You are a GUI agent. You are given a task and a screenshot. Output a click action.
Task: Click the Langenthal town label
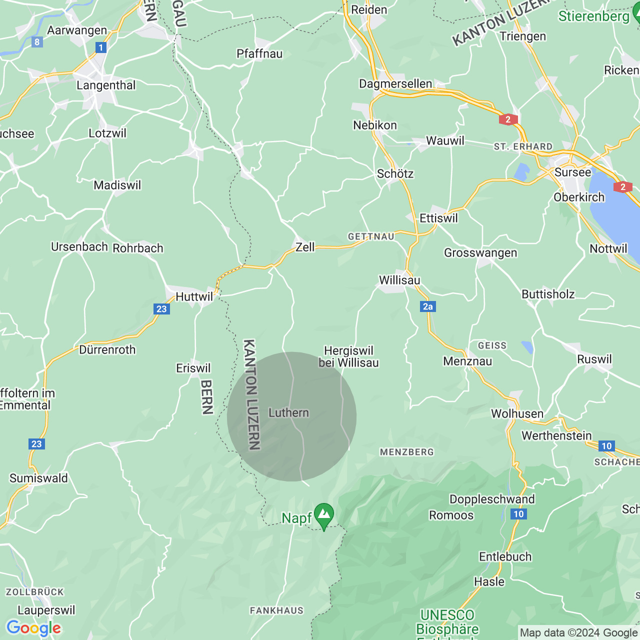[x=106, y=85]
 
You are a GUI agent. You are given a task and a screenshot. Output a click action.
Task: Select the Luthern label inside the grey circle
[x=288, y=413]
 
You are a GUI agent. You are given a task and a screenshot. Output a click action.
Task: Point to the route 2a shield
[x=428, y=306]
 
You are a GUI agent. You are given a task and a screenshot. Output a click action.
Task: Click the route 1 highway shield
[x=101, y=47]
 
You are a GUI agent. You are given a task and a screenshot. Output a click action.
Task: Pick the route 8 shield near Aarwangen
[x=37, y=42]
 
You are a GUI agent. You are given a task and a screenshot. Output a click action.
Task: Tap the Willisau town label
[x=399, y=280]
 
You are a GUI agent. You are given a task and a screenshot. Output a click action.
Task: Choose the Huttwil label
[x=194, y=297]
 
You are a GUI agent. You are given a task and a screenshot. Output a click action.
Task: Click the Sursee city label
[x=572, y=172]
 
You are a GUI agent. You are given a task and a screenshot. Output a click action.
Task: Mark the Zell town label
[x=305, y=247]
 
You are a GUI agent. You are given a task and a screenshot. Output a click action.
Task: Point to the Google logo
[x=34, y=628]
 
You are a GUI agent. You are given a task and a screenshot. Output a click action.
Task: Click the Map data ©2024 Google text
[x=579, y=633]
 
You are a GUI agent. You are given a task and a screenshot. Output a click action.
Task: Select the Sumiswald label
[x=38, y=478]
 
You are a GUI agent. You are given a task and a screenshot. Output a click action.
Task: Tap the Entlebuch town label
[x=505, y=557]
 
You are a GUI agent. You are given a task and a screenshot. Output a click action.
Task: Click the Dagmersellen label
[x=395, y=84]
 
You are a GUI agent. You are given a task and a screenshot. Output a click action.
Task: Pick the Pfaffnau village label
[x=259, y=54]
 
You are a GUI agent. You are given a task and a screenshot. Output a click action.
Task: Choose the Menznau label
[x=467, y=361]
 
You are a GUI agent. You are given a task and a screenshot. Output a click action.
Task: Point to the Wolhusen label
[x=517, y=414]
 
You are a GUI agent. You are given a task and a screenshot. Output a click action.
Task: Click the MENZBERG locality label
[x=407, y=452]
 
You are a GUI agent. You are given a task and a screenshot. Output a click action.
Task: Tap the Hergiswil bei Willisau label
[x=348, y=357]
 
